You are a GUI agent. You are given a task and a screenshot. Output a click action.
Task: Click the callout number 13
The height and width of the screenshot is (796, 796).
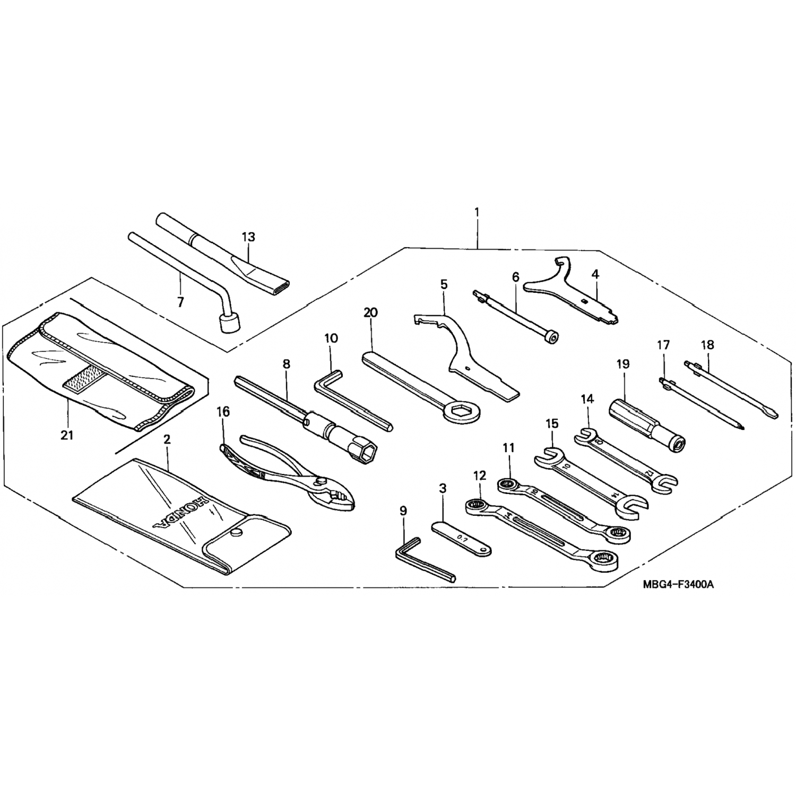coord(248,237)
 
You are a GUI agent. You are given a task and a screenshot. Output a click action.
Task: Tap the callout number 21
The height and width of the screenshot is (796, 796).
coord(67,435)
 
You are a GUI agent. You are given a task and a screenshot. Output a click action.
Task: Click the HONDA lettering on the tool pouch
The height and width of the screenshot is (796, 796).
coord(178,514)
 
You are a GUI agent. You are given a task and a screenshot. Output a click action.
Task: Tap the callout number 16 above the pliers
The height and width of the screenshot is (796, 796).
coord(223,412)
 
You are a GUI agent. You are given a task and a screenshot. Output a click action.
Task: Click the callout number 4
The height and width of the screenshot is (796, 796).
coord(595,274)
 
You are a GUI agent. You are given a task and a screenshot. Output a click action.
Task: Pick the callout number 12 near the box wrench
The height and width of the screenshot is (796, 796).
coord(479,476)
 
